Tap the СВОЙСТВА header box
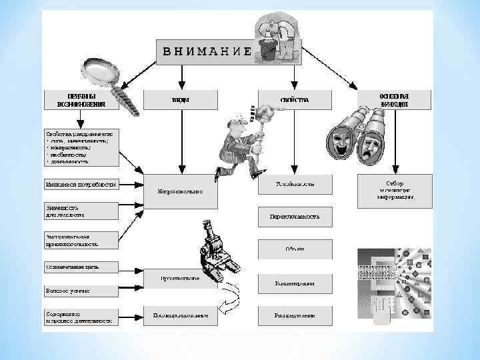295,99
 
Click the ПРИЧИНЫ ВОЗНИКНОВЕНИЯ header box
82,99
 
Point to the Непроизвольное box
181,190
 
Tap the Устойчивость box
295,183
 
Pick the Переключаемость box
295,216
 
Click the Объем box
295,249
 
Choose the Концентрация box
295,283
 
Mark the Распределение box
295,315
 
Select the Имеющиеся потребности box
81,185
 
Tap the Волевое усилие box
81,291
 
